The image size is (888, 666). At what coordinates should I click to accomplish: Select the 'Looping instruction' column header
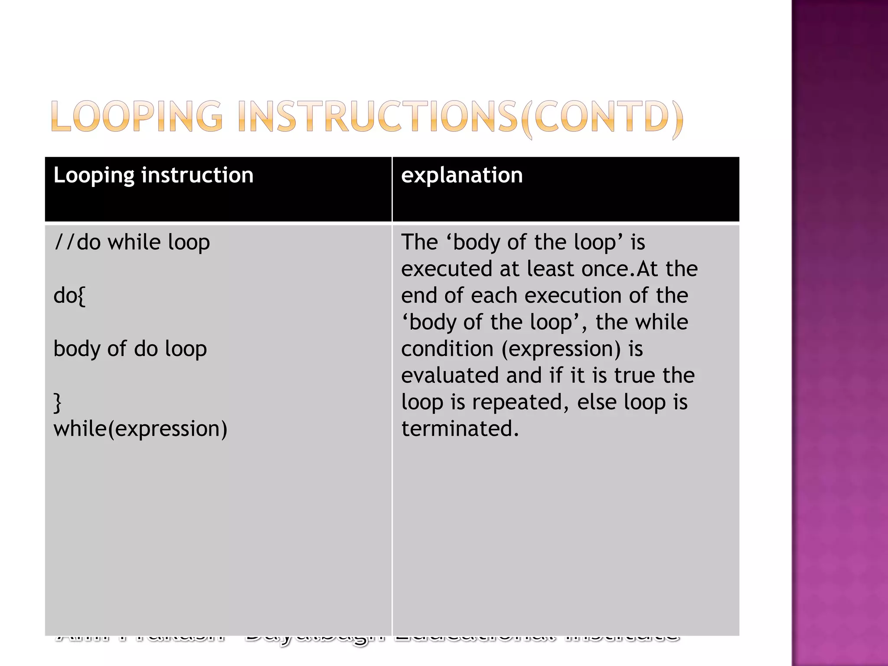[x=153, y=175]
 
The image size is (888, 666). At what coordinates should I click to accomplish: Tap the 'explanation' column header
[x=462, y=175]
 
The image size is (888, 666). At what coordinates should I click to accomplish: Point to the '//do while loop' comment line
[x=131, y=242]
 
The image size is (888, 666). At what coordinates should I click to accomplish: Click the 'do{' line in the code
[x=69, y=296]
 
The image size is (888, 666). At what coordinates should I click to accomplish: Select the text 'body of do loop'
[x=130, y=349]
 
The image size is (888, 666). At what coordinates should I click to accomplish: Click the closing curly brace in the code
[x=57, y=402]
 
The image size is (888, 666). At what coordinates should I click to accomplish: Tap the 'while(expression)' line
[x=140, y=429]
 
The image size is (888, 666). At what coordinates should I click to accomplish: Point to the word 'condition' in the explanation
[x=447, y=349]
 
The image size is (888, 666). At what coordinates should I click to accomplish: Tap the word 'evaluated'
[x=450, y=375]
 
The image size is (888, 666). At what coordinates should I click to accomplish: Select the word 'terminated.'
[x=460, y=429]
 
